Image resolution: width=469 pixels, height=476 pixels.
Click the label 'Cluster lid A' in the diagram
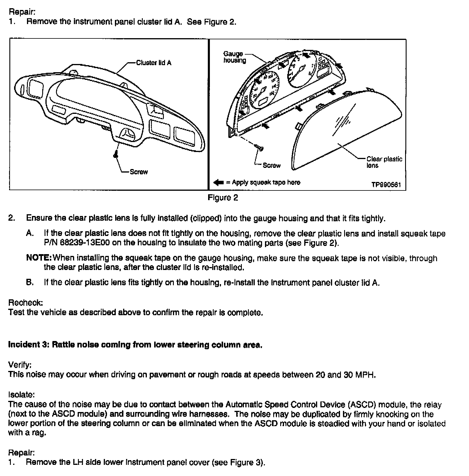[154, 63]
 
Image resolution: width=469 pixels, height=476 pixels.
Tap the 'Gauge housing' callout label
[235, 57]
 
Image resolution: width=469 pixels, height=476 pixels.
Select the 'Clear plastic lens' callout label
[384, 162]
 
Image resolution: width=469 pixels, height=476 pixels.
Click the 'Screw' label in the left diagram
[139, 172]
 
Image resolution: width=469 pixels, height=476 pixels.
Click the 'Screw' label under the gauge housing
[271, 166]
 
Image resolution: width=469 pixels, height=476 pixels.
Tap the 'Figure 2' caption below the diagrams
[223, 198]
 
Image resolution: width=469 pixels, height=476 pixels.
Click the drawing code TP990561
[386, 185]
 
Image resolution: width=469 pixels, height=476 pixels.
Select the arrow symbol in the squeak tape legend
[219, 183]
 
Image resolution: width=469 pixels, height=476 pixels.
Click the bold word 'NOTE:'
[39, 258]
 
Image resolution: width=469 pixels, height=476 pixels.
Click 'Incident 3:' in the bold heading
[28, 345]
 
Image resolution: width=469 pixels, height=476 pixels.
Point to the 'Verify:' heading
[20, 365]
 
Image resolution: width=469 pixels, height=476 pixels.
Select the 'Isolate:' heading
[21, 394]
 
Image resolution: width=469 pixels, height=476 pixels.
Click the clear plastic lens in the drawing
[346, 132]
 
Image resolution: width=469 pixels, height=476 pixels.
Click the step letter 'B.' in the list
[30, 283]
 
